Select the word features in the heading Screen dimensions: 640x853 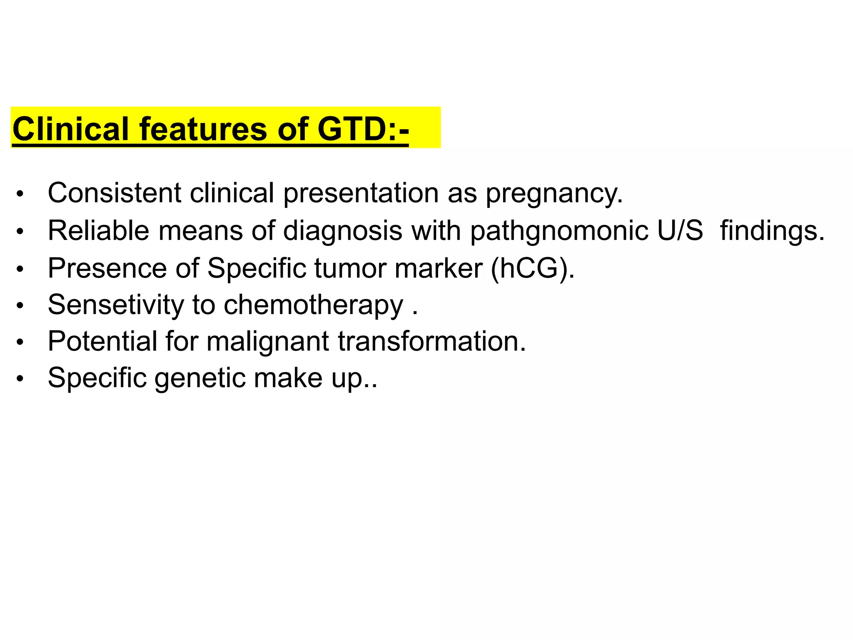[x=204, y=129]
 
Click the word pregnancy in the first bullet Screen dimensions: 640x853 [x=554, y=194]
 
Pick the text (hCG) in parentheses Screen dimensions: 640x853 [x=532, y=268]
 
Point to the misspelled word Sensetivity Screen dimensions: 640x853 [x=115, y=305]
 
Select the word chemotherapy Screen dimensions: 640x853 [x=313, y=305]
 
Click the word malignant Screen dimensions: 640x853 [x=267, y=342]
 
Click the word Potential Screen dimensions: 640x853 [x=102, y=341]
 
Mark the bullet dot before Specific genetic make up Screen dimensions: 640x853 [x=20, y=379]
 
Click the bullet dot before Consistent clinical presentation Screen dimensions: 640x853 [x=20, y=194]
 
